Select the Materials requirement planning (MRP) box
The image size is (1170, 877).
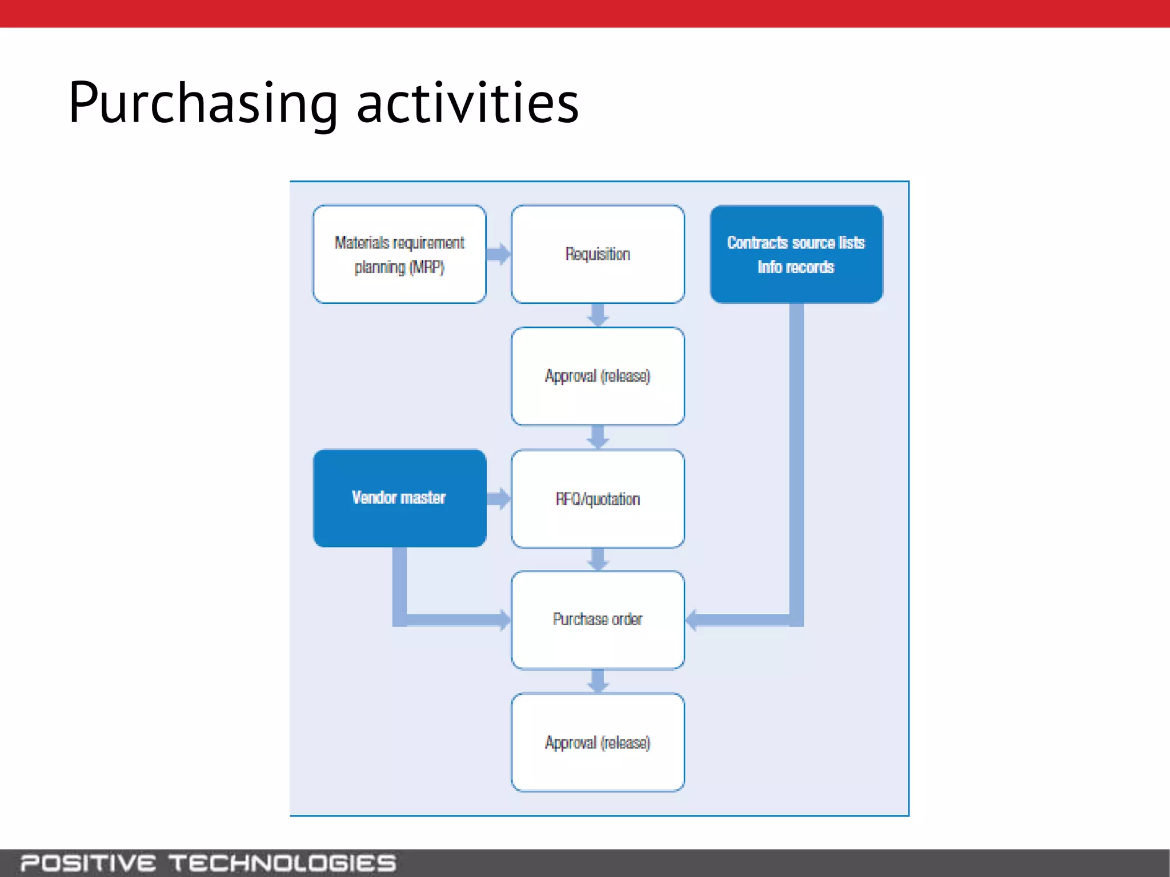(x=399, y=255)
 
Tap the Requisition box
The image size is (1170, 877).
(x=598, y=255)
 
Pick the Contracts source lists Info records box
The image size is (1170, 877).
(x=796, y=255)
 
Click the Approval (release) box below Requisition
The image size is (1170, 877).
(x=598, y=376)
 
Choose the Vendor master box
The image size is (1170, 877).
(x=399, y=498)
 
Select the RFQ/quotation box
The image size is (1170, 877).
(x=598, y=499)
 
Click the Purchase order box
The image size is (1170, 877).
(x=598, y=619)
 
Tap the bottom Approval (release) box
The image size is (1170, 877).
(x=598, y=742)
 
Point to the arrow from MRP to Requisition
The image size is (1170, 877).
(x=499, y=254)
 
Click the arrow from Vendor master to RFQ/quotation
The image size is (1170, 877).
(x=499, y=498)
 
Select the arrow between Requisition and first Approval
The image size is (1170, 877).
(x=598, y=315)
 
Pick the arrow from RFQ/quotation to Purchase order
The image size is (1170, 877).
(x=598, y=560)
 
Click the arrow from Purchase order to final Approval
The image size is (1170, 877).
(x=598, y=681)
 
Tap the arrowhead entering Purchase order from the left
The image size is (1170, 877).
(x=504, y=620)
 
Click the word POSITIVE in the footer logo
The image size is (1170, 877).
(x=88, y=863)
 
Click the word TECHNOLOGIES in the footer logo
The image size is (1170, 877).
(x=282, y=863)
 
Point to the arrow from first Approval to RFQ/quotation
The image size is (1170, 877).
(x=598, y=437)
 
